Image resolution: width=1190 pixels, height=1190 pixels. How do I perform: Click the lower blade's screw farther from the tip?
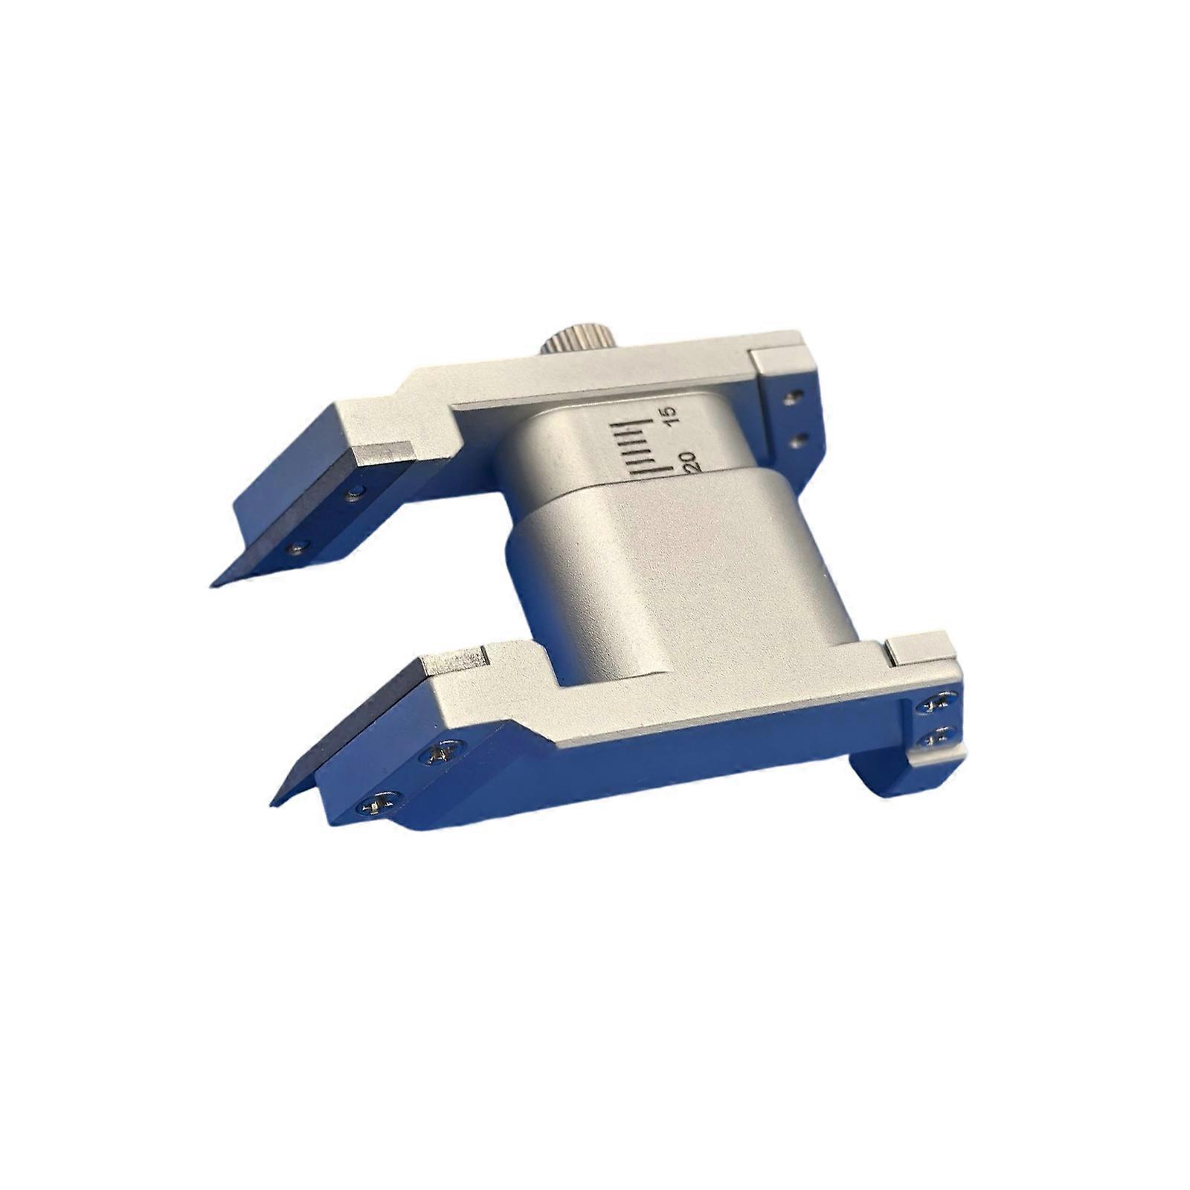click(x=440, y=756)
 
